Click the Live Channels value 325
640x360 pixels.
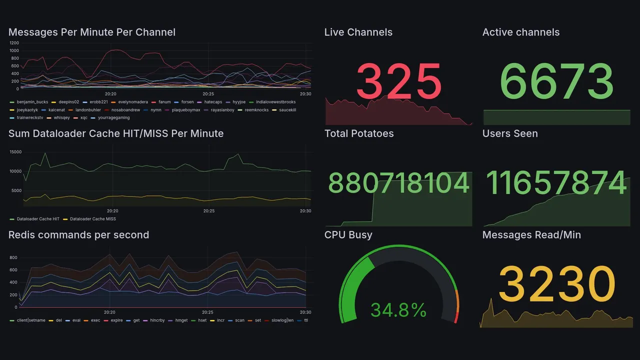click(x=398, y=81)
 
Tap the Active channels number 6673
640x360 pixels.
click(x=556, y=81)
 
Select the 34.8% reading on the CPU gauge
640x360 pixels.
click(x=398, y=310)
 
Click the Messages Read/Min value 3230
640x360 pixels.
click(x=556, y=284)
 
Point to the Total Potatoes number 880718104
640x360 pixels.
click(x=398, y=183)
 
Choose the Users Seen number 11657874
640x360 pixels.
click(x=556, y=183)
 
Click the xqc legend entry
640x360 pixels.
click(x=83, y=117)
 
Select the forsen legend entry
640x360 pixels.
click(x=187, y=102)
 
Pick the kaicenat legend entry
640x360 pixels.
click(x=56, y=110)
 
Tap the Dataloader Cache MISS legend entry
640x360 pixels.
click(x=92, y=219)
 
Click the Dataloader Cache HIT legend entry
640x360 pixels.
click(x=38, y=219)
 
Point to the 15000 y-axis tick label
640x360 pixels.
click(x=15, y=152)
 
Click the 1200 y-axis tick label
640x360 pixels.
click(x=14, y=43)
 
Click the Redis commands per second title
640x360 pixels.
click(x=78, y=235)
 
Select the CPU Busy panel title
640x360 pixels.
click(x=348, y=235)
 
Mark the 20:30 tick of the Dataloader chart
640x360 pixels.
click(x=305, y=211)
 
